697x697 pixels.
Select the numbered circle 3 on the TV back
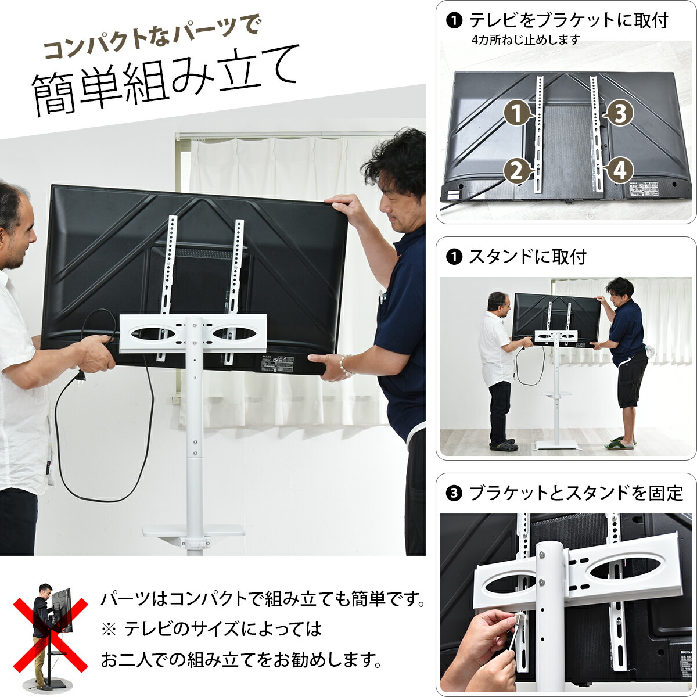coord(620,114)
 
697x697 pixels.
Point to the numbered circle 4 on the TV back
coord(620,171)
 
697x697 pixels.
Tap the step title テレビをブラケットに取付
coord(568,20)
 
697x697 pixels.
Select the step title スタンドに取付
coord(527,256)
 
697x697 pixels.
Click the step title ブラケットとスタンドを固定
coord(576,493)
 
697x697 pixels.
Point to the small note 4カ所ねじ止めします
coord(526,39)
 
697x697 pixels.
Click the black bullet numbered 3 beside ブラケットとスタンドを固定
coord(453,494)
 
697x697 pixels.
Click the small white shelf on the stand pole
coord(194,531)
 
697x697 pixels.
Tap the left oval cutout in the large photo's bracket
coord(154,333)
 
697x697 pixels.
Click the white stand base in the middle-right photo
coord(556,444)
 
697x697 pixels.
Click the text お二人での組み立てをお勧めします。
coord(242,660)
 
